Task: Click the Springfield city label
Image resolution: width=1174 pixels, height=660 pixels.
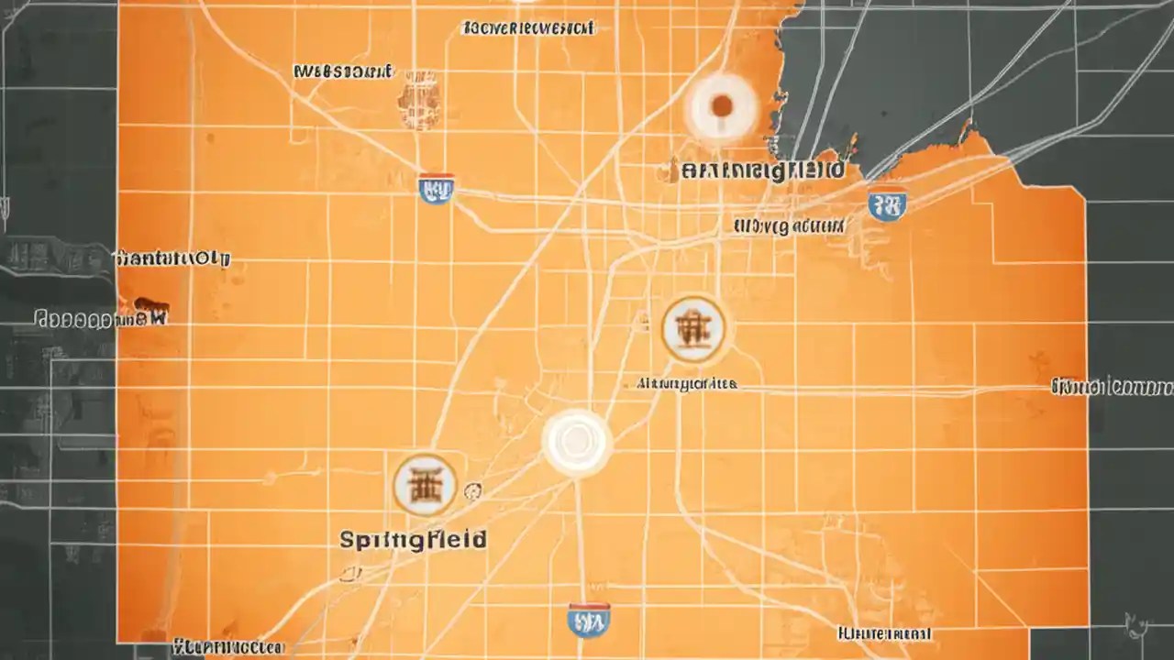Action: pos(413,539)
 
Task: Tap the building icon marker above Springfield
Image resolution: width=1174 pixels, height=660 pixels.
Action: pos(425,485)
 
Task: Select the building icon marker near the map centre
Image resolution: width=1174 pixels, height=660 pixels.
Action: pos(693,328)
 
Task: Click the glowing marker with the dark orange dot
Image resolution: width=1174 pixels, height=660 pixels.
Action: pos(721,107)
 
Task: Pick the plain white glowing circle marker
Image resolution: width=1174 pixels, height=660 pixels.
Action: pos(576,443)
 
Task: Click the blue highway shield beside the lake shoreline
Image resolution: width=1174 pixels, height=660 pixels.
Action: pos(887,203)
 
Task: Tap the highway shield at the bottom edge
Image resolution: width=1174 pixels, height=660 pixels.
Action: pos(589,620)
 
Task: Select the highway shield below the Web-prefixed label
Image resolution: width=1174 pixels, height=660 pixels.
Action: pos(436,187)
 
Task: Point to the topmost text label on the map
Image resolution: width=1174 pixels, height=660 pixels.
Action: pos(528,28)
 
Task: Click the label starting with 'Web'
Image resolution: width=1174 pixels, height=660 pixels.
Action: pos(343,71)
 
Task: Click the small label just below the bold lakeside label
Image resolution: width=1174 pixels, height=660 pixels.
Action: pos(789,225)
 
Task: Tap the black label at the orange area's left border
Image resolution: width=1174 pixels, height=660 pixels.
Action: pos(173,258)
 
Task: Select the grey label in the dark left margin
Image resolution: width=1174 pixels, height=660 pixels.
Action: pos(101,318)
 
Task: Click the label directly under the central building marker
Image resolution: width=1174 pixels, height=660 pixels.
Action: pos(687,385)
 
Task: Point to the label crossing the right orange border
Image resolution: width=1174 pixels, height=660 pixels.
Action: pos(1112,387)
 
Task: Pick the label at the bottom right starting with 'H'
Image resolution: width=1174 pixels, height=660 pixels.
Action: pos(884,633)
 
